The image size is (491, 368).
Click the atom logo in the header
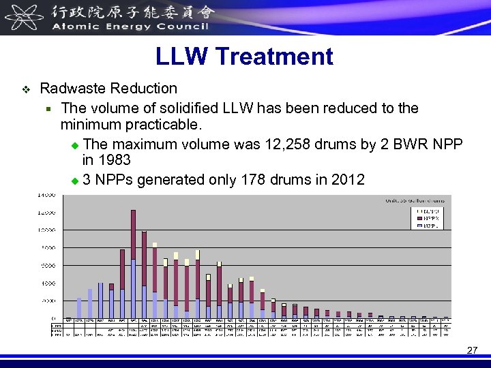pos(20,17)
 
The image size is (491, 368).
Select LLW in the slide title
pos(177,57)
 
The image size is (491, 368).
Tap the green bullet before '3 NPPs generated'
pos(75,181)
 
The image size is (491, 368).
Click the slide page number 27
pos(472,350)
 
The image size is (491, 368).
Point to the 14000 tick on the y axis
pos(46,196)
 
